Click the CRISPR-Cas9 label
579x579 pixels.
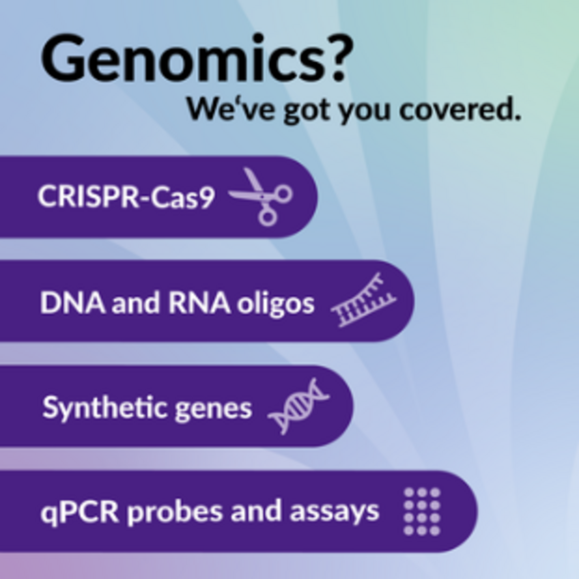pos(126,197)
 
